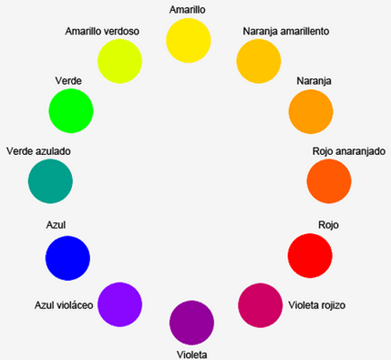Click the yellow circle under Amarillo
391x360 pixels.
(x=189, y=41)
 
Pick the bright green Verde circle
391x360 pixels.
(x=71, y=109)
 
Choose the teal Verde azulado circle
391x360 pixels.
(x=50, y=181)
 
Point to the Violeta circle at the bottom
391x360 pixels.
(x=192, y=322)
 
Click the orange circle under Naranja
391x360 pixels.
(x=311, y=110)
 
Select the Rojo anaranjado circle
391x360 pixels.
(x=329, y=181)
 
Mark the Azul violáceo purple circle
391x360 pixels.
(x=120, y=304)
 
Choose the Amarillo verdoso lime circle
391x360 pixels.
(x=120, y=59)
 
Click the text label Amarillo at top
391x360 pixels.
(x=189, y=10)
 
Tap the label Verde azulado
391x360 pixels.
(x=38, y=149)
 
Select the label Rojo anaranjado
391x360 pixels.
(x=348, y=149)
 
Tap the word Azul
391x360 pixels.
(x=56, y=225)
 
